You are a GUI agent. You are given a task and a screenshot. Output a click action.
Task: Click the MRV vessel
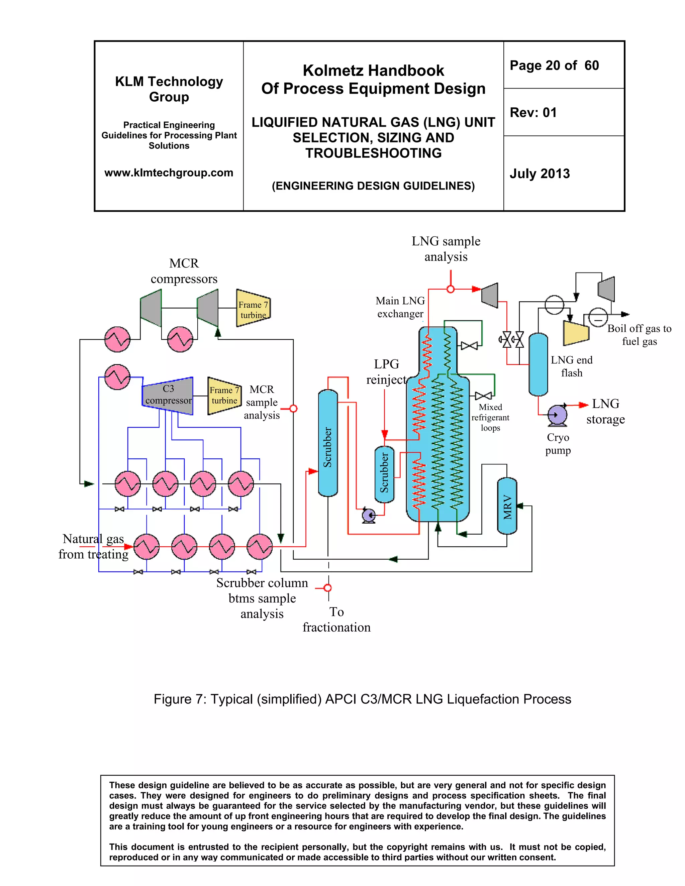pyautogui.click(x=507, y=506)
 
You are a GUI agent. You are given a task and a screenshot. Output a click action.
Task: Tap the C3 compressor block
pyautogui.click(x=168, y=396)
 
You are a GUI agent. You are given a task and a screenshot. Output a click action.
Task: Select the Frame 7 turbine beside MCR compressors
pyautogui.click(x=253, y=309)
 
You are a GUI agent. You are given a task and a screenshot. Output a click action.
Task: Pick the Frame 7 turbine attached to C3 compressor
pyautogui.click(x=224, y=396)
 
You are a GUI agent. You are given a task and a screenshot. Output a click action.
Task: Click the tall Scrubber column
pyautogui.click(x=328, y=443)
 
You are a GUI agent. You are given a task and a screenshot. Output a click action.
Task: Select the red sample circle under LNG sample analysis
pyautogui.click(x=451, y=289)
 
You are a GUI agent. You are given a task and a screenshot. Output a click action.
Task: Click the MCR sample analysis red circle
pyautogui.click(x=293, y=409)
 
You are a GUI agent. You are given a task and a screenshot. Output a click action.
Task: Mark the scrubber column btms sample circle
pyautogui.click(x=328, y=588)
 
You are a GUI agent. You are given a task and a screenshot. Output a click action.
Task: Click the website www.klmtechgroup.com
pyautogui.click(x=169, y=173)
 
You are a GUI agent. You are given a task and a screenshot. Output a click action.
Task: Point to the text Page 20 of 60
pyautogui.click(x=554, y=65)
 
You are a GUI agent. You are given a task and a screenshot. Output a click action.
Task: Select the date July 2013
pyautogui.click(x=540, y=174)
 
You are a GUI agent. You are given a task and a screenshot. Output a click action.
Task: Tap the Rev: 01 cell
pyautogui.click(x=533, y=112)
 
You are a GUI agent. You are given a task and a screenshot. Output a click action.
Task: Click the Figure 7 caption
pyautogui.click(x=362, y=699)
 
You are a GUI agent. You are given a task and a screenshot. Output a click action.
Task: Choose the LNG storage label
pyautogui.click(x=605, y=411)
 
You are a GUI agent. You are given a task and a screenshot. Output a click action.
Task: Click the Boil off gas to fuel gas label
pyautogui.click(x=639, y=335)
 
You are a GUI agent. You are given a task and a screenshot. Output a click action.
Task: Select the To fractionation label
pyautogui.click(x=336, y=620)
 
